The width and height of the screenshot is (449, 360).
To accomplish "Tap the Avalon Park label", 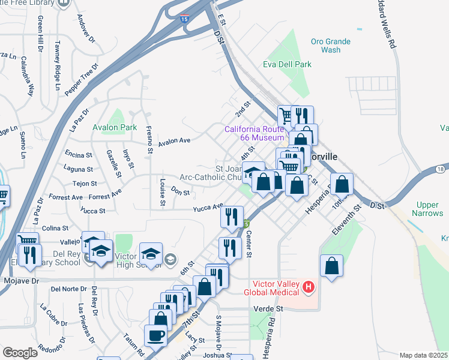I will click(115, 127).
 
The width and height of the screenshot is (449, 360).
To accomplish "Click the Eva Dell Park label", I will click(287, 64).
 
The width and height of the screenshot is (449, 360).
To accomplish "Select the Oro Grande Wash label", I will click(326, 46).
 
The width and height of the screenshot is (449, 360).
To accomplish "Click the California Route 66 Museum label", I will click(254, 133).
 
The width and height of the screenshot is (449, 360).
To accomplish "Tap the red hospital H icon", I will click(309, 287).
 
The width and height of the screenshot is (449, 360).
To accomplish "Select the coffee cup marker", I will click(157, 336).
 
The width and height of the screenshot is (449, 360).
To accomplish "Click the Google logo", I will click(19, 353).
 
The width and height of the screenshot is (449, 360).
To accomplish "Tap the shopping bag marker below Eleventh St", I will click(331, 266).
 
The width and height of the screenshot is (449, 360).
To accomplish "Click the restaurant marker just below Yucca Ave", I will click(232, 217).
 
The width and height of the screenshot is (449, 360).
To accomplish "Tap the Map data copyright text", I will click(423, 355).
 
